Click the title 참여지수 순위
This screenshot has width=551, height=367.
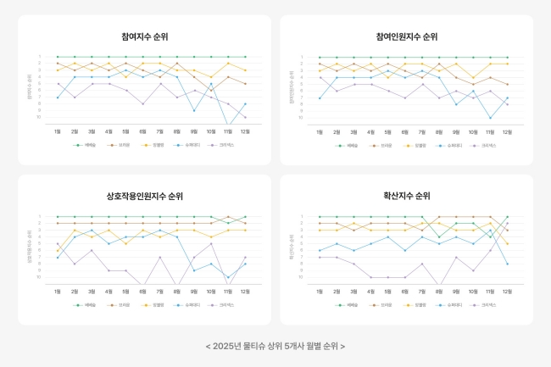(144, 37)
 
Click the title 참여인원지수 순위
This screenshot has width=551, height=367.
(407, 37)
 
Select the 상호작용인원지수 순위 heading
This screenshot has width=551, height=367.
(144, 197)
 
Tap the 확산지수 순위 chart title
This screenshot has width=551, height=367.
(407, 197)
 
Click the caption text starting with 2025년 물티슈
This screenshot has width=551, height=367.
(275, 346)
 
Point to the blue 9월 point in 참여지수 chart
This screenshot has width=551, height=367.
(194, 110)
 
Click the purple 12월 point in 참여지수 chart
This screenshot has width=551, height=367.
(246, 116)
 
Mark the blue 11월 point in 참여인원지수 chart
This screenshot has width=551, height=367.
(491, 118)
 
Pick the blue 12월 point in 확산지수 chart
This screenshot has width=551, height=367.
(508, 264)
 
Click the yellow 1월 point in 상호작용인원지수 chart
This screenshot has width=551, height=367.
(58, 251)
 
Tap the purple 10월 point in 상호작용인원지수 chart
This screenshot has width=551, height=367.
(211, 243)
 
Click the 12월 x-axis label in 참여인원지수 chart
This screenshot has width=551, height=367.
(508, 132)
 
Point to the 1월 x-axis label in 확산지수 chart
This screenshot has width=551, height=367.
(320, 292)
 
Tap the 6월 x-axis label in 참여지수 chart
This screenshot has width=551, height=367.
(142, 132)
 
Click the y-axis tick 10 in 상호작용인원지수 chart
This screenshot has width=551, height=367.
(38, 277)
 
